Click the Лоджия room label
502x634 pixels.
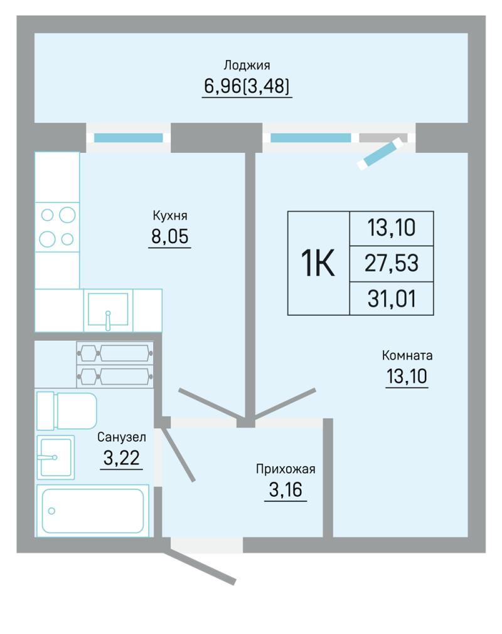247,65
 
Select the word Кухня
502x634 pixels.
170,216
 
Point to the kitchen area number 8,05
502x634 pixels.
170,236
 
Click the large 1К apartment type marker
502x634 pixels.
318,263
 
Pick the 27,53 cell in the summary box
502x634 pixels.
392,263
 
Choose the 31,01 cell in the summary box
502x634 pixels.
392,299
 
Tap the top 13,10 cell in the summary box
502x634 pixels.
392,227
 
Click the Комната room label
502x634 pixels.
407,355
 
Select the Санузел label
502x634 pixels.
122,437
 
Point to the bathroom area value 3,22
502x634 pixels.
122,458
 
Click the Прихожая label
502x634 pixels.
286,469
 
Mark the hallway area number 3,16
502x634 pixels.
286,490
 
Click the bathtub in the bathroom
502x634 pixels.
93,511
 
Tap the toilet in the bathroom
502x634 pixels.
67,411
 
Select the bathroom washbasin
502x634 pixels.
56,457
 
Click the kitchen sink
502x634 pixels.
108,309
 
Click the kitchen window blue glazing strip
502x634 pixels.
129,138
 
